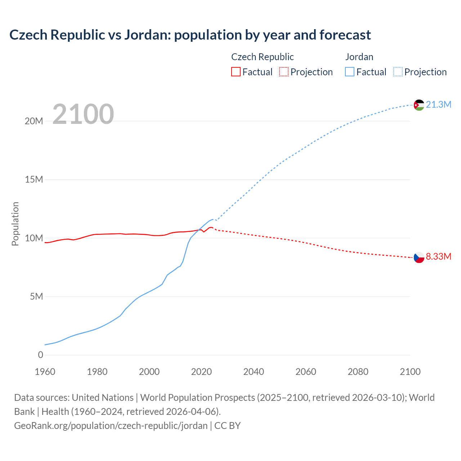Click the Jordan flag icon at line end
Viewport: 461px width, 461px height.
(x=419, y=105)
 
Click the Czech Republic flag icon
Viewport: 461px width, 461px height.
(x=419, y=257)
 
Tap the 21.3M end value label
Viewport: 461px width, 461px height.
(x=438, y=105)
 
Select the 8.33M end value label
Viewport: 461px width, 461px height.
(x=438, y=257)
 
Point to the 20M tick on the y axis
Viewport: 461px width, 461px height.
(x=34, y=121)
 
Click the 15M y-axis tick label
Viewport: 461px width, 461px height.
(x=34, y=180)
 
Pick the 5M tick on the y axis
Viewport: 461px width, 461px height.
(x=36, y=297)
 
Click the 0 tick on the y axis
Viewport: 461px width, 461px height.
(x=40, y=355)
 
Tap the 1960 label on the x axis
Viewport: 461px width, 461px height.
(x=45, y=372)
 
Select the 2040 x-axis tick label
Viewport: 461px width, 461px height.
(x=254, y=372)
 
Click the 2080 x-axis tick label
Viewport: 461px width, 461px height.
(x=358, y=372)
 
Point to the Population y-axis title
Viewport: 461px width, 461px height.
(x=15, y=224)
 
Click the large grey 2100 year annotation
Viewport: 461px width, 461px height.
(x=83, y=114)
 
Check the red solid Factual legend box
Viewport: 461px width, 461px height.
(x=236, y=72)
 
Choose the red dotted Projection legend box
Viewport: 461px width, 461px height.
(x=284, y=72)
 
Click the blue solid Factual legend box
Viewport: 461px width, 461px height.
(x=350, y=72)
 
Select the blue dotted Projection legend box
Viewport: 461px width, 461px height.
(x=398, y=72)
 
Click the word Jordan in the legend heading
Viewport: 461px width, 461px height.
(x=359, y=57)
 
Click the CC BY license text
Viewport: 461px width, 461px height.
(x=227, y=426)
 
